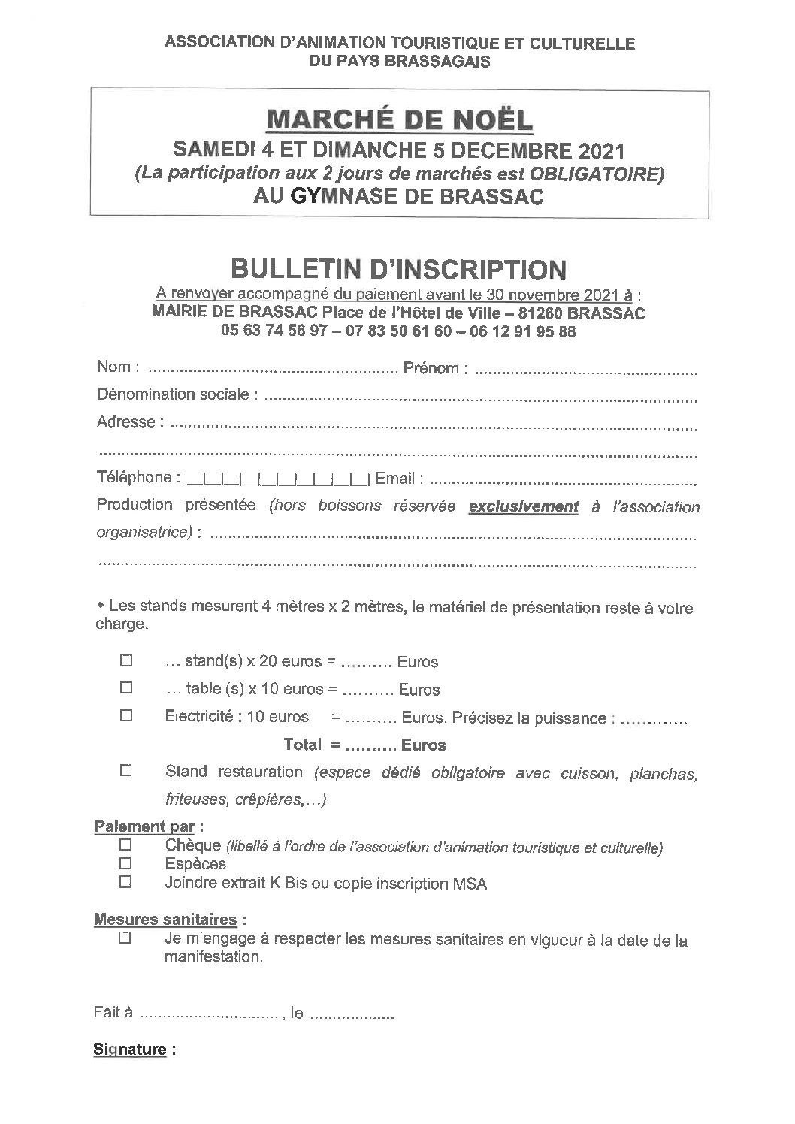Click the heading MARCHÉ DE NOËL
(399, 119)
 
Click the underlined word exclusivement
(524, 507)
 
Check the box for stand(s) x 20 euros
(126, 661)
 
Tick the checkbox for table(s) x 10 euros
(126, 687)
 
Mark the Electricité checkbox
(126, 716)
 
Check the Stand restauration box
(126, 771)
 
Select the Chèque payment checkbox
(126, 846)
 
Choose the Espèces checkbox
(126, 863)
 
